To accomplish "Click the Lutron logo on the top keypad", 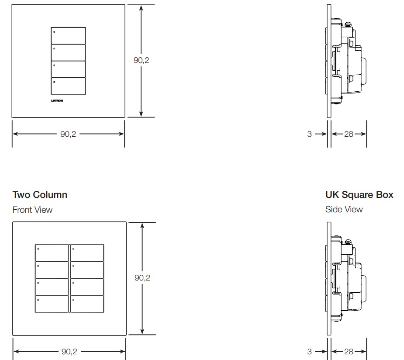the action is [57, 100].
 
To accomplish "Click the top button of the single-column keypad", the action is [68, 35].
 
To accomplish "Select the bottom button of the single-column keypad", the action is [68, 87].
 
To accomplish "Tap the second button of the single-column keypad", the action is [68, 52].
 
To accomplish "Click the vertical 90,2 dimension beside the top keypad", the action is [141, 60].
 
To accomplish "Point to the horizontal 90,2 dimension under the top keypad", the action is [68, 134].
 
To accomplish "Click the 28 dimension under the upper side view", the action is [349, 134].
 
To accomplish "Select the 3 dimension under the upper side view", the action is [309, 134].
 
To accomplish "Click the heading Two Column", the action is [40, 195].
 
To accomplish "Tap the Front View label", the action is [32, 210].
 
